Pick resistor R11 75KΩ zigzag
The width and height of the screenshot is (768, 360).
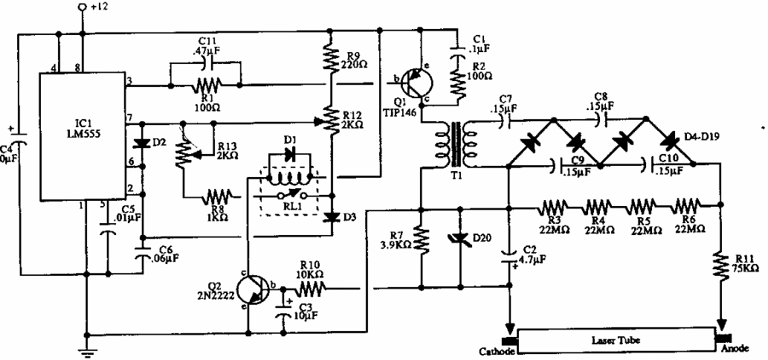[722, 268]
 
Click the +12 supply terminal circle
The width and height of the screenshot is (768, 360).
[83, 7]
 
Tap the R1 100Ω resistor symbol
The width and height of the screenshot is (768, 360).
[205, 86]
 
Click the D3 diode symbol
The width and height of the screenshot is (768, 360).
[331, 216]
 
